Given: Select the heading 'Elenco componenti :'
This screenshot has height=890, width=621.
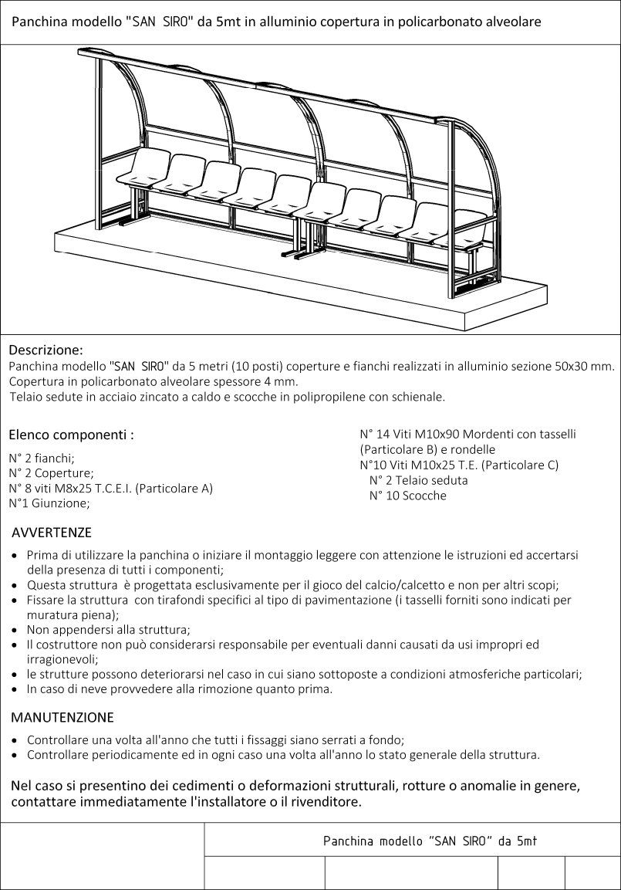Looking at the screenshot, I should pos(71,435).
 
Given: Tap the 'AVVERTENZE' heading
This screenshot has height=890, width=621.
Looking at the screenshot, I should pos(52,533).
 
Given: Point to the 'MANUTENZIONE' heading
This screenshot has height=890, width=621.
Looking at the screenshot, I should pos(62,717).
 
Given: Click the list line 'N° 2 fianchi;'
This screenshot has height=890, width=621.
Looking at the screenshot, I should pos(42,458).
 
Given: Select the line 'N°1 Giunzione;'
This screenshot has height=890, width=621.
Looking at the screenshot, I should pos(49,503).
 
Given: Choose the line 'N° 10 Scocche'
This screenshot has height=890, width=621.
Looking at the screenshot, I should pos(407,496).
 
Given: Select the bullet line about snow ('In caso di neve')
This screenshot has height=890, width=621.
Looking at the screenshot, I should pos(180,689).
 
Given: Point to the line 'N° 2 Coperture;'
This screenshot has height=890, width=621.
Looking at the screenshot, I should pos(51,472).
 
